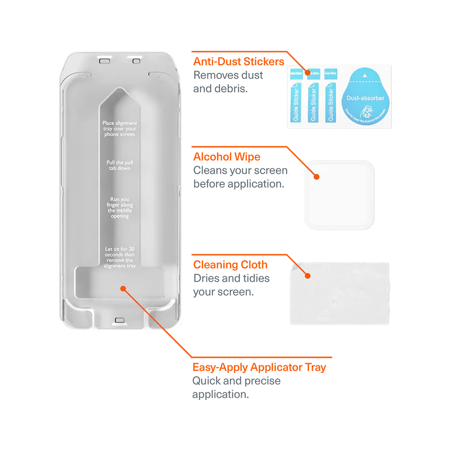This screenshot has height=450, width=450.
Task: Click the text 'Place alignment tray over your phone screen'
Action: pyautogui.click(x=119, y=128)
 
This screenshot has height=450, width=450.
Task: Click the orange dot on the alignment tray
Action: pyautogui.click(x=123, y=287)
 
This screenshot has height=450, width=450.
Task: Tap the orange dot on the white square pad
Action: pyautogui.click(x=316, y=177)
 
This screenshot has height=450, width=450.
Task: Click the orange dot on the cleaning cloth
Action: pyautogui.click(x=308, y=275)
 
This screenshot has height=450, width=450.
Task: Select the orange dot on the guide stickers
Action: pyautogui.click(x=308, y=72)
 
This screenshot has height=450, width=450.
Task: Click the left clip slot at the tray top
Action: pyautogui.click(x=104, y=58)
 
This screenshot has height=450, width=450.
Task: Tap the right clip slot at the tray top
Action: pyautogui.click(x=134, y=58)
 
